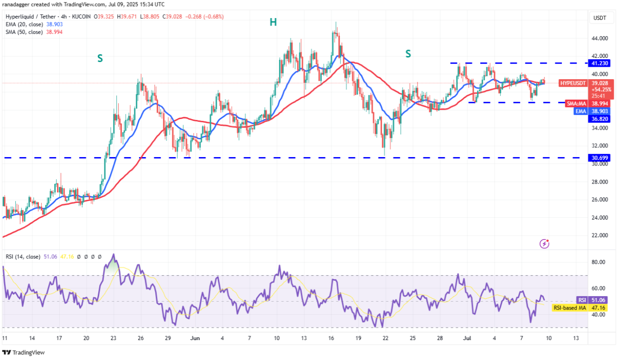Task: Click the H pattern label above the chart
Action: click(273, 22)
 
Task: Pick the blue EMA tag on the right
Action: click(580, 111)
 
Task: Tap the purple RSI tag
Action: click(581, 300)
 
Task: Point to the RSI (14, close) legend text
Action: click(22, 256)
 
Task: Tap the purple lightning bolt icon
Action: click(545, 243)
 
